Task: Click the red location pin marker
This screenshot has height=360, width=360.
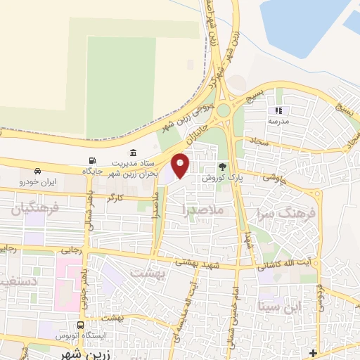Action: tap(181, 165)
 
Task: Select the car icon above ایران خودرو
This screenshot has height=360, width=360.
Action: tap(37, 171)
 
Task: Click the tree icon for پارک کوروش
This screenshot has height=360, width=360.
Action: tap(223, 167)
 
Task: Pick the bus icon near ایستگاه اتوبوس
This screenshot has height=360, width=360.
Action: tap(80, 326)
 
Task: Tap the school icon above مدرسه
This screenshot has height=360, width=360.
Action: tap(279, 110)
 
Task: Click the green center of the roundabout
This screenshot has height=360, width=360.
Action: tap(223, 110)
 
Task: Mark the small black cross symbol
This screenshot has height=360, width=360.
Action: tap(313, 352)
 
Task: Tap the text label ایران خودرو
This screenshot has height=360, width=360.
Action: tap(40, 181)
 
